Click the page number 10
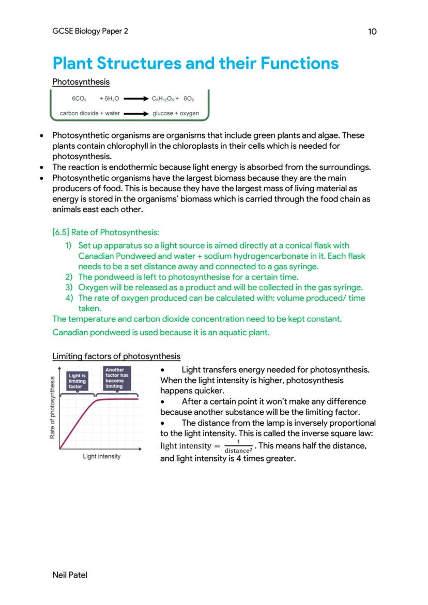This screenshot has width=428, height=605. [372, 32]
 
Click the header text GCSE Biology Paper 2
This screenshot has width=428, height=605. [90, 31]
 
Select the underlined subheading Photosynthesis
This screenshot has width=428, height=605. [81, 82]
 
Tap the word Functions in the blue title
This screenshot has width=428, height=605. [299, 64]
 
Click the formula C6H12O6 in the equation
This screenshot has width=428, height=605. [163, 98]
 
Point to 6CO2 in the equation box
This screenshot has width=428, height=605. [79, 98]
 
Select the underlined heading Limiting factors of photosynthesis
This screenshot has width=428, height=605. [116, 356]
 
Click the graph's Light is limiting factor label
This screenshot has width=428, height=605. [78, 381]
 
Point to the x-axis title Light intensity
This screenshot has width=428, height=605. [102, 456]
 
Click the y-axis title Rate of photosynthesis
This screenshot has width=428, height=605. [53, 408]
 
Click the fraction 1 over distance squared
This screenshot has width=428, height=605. [238, 446]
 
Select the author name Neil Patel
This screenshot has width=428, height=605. [70, 575]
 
